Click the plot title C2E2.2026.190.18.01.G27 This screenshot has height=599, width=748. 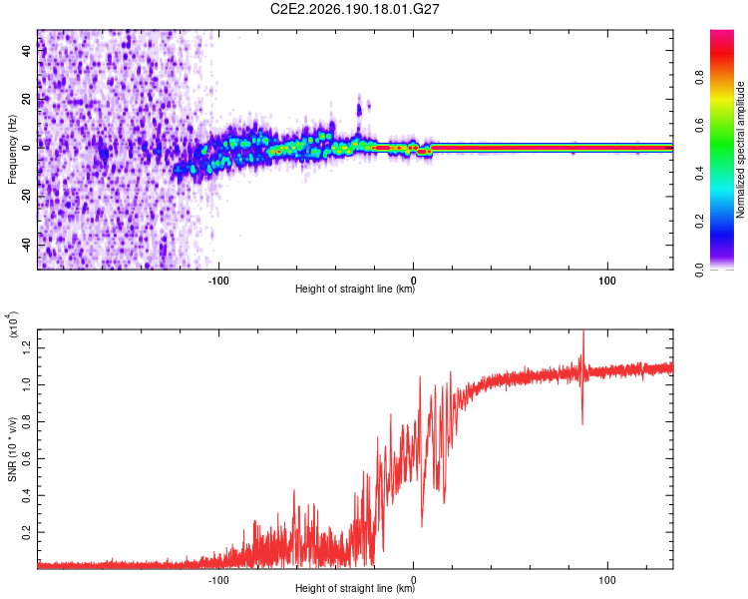pos(354,9)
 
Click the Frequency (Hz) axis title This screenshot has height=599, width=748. pos(12,150)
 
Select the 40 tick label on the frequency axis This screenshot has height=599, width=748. pos(26,50)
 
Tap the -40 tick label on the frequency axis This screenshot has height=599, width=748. pos(26,245)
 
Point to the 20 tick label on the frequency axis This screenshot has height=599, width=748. pos(26,99)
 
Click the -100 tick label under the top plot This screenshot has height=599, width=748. pos(218,281)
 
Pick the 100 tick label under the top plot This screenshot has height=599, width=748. pos(607,281)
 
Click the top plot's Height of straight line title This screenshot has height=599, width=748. pos(354,289)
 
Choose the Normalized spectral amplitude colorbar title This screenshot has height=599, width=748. pos(740,150)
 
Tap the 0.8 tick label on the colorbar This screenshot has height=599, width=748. pos(700,77)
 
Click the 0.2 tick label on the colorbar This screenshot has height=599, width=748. pos(700,222)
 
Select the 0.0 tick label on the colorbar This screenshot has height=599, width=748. pos(700,270)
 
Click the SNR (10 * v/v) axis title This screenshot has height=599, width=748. pos(12,449)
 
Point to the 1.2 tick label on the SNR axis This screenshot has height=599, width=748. pos(26,347)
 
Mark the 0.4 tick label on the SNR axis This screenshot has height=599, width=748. pos(26,495)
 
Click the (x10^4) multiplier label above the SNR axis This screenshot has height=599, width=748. pos(13,324)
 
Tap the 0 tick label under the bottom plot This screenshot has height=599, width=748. pos(413,580)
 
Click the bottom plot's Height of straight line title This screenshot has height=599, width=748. pos(354,588)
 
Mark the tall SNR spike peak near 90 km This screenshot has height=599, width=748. pos(583,331)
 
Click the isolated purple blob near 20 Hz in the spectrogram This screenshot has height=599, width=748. pos(359,110)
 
